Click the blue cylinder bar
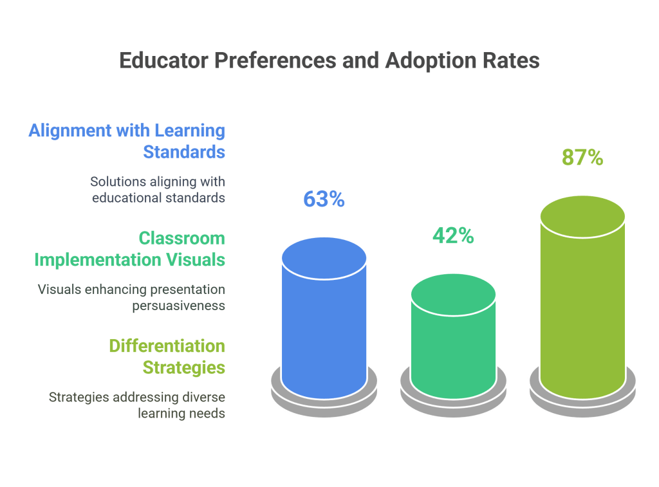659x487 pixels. click(324, 328)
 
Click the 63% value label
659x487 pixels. click(324, 199)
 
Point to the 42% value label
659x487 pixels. click(453, 236)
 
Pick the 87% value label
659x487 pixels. click(582, 158)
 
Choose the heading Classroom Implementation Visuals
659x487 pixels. click(129, 249)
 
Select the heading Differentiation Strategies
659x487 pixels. click(167, 356)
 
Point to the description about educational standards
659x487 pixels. click(158, 190)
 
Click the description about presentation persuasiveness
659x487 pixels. click(131, 297)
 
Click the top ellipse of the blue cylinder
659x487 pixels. click(324, 258)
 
